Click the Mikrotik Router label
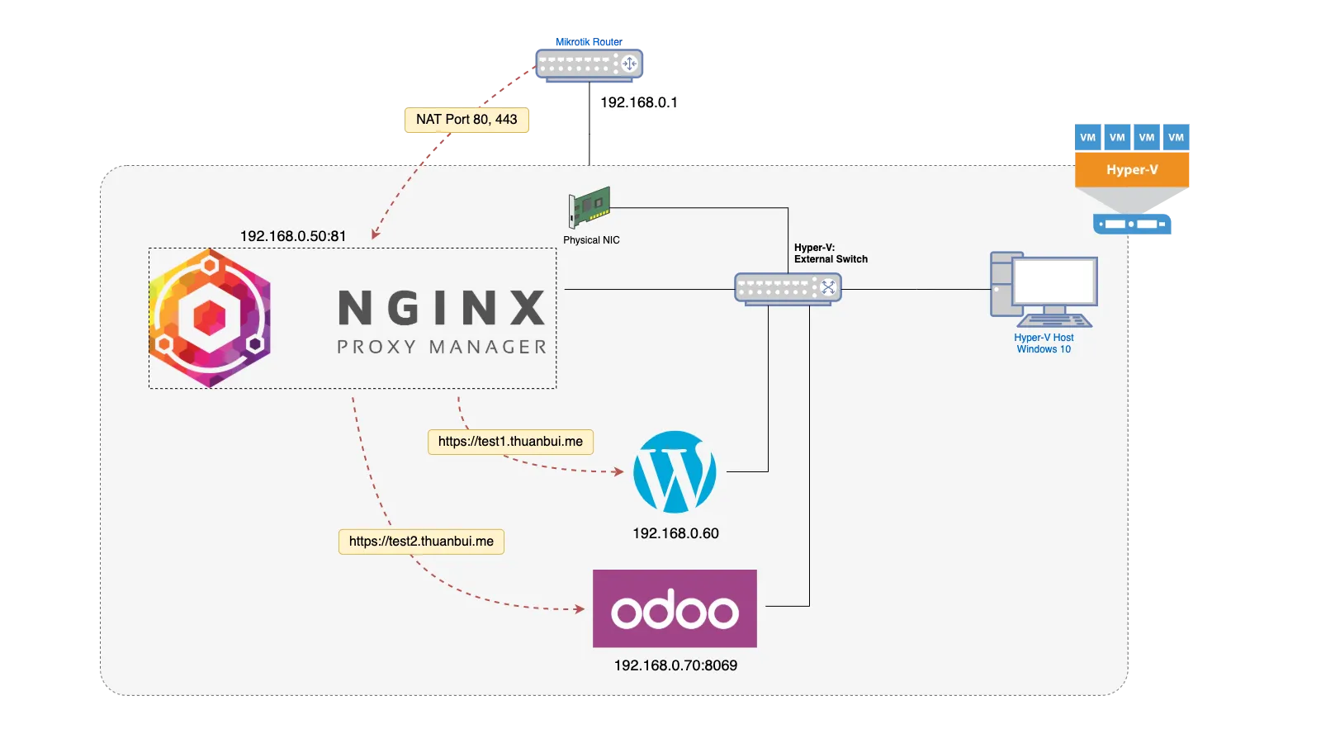[589, 42]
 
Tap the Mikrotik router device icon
[589, 65]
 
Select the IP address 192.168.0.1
[639, 102]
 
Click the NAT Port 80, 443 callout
[466, 120]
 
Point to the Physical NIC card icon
[589, 207]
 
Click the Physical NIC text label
[591, 240]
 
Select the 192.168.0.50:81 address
[293, 236]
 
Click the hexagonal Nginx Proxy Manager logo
[210, 319]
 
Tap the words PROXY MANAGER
[442, 347]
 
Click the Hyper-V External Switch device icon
[788, 289]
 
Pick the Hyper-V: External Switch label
[831, 253]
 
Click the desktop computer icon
[1044, 290]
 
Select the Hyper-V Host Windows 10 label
[1044, 343]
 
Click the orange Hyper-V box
[1132, 170]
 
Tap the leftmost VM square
[1087, 137]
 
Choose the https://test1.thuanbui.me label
[511, 442]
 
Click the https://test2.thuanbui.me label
[421, 542]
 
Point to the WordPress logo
[675, 471]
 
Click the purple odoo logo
[675, 608]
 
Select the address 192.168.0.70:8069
[676, 665]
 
